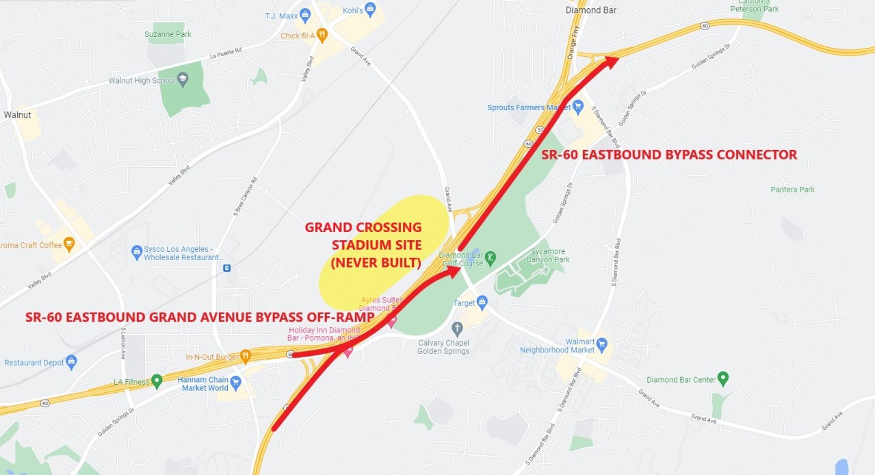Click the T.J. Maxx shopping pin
pyautogui.click(x=307, y=14)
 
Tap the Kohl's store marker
pyautogui.click(x=370, y=9)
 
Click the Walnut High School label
pyautogui.click(x=142, y=81)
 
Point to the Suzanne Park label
pyautogui.click(x=168, y=34)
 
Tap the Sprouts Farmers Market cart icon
pyautogui.click(x=578, y=106)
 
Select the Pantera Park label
pyautogui.click(x=792, y=190)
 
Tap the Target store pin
pyautogui.click(x=482, y=301)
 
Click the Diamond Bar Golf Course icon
pyautogui.click(x=491, y=258)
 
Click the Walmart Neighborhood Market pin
pyautogui.click(x=601, y=342)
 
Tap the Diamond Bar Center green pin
pyautogui.click(x=723, y=378)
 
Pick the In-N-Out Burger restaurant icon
pyautogui.click(x=246, y=356)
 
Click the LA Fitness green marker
pyautogui.click(x=157, y=380)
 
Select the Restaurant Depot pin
pyautogui.click(x=71, y=361)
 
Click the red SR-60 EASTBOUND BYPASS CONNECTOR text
pyautogui.click(x=669, y=155)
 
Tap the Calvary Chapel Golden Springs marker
pyautogui.click(x=458, y=329)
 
